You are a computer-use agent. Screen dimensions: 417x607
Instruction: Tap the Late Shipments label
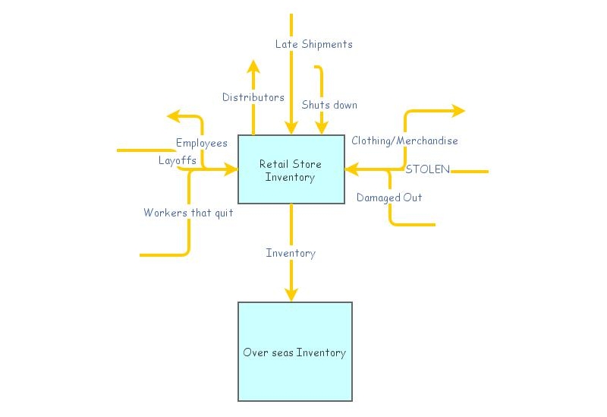313,44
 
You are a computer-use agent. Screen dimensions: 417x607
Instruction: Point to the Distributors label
253,97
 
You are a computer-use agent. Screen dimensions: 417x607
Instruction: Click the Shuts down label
329,105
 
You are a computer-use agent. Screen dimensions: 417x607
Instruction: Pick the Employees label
201,143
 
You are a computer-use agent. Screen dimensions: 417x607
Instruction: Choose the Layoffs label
177,160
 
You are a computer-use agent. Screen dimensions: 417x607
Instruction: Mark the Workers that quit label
188,213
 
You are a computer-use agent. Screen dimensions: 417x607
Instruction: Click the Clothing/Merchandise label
404,141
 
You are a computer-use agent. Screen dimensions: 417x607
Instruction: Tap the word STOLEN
427,169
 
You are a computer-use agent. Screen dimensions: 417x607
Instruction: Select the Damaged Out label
389,197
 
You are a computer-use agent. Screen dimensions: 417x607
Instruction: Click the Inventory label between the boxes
291,253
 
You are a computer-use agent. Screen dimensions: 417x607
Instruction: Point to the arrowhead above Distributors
253,65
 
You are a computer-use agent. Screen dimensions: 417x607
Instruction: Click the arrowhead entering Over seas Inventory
291,294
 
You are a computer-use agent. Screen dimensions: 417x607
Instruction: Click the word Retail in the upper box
271,164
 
